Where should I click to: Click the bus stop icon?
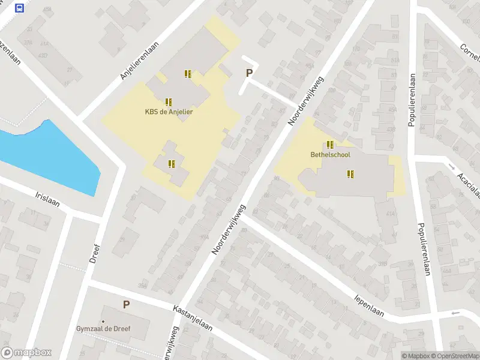[19, 8]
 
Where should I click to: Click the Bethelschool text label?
[330, 154]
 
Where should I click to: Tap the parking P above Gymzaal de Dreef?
[126, 305]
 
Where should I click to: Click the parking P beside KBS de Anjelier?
[249, 73]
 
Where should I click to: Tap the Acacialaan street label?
[467, 184]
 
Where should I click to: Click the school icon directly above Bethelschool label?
[330, 145]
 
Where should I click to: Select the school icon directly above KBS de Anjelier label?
[169, 102]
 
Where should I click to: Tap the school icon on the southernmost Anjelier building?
[172, 163]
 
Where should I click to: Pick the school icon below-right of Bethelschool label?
[350, 174]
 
